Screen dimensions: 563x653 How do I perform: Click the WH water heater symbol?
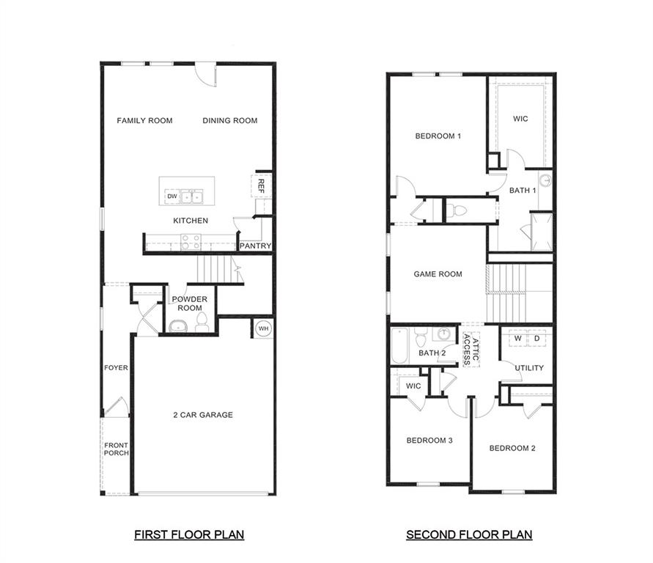pyautogui.click(x=263, y=328)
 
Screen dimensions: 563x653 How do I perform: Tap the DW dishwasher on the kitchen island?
pyautogui.click(x=171, y=196)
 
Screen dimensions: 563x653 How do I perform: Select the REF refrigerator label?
pyautogui.click(x=260, y=186)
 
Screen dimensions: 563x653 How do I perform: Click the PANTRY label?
pyautogui.click(x=255, y=246)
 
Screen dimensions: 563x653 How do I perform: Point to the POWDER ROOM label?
pyautogui.click(x=189, y=303)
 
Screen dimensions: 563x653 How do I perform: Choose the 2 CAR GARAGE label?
pyautogui.click(x=203, y=415)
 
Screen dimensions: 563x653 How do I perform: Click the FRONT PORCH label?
pyautogui.click(x=116, y=449)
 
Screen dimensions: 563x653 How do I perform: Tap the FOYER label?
pyautogui.click(x=116, y=368)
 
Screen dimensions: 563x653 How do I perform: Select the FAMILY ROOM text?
pyautogui.click(x=144, y=121)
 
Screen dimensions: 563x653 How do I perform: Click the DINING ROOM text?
pyautogui.click(x=230, y=121)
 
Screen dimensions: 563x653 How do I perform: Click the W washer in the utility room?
pyautogui.click(x=517, y=339)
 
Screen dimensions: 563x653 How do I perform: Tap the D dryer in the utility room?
pyautogui.click(x=537, y=339)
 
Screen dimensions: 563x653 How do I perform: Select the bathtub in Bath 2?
pyautogui.click(x=399, y=347)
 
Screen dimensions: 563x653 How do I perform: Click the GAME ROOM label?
pyautogui.click(x=438, y=274)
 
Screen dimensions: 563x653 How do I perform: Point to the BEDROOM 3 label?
pyautogui.click(x=429, y=441)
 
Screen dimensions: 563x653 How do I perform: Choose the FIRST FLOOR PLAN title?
pyautogui.click(x=188, y=535)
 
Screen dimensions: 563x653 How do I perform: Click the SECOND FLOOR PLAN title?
pyautogui.click(x=469, y=535)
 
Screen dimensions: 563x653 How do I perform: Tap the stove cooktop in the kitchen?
pyautogui.click(x=191, y=241)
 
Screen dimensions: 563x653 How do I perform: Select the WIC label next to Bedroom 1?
pyautogui.click(x=520, y=119)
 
